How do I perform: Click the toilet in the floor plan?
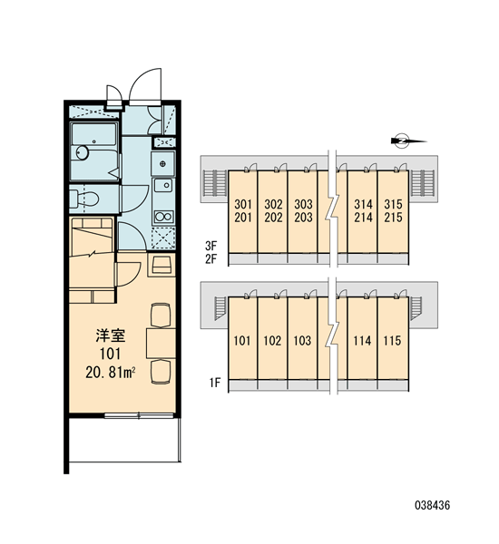tap(84, 199)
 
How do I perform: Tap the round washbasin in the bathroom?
tap(83, 152)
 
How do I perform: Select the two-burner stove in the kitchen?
tap(163, 217)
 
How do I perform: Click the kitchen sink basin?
tap(163, 185)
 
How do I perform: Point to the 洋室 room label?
tap(111, 335)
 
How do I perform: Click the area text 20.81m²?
tap(110, 373)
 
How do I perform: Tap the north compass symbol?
tap(402, 141)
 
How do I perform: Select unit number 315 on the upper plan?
tap(393, 204)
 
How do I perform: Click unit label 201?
tap(243, 218)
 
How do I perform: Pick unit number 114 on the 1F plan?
tap(363, 341)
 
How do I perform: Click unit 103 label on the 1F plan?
tap(302, 341)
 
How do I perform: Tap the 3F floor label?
tap(210, 246)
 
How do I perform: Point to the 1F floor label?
tap(215, 383)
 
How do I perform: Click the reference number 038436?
tap(433, 505)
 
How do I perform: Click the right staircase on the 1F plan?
tap(416, 307)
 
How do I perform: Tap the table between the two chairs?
tap(161, 343)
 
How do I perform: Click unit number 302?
tap(273, 204)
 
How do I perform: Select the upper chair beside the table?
tap(161, 315)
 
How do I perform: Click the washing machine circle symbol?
tap(162, 163)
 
